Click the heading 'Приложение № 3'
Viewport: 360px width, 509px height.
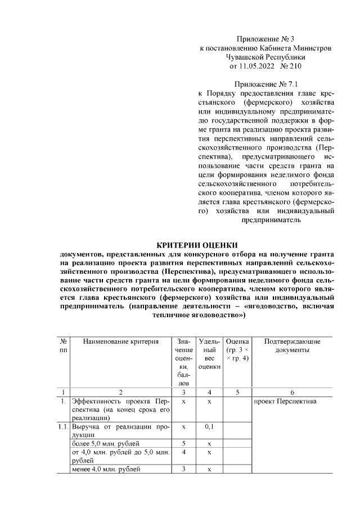[x=265, y=39]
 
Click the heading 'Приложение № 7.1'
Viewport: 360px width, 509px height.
[x=265, y=84]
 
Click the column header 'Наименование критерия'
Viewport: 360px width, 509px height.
[x=120, y=341]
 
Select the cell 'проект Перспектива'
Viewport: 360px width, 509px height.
[x=285, y=402]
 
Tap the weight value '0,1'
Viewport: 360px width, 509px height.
[x=209, y=427]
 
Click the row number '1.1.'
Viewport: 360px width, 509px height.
[x=63, y=427]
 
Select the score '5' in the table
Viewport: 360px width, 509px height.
[x=184, y=443]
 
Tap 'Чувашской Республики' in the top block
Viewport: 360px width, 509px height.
[x=265, y=57]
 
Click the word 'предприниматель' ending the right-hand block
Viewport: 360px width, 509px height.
[x=272, y=220]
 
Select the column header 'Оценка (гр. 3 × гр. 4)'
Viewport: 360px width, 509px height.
[x=237, y=349]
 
